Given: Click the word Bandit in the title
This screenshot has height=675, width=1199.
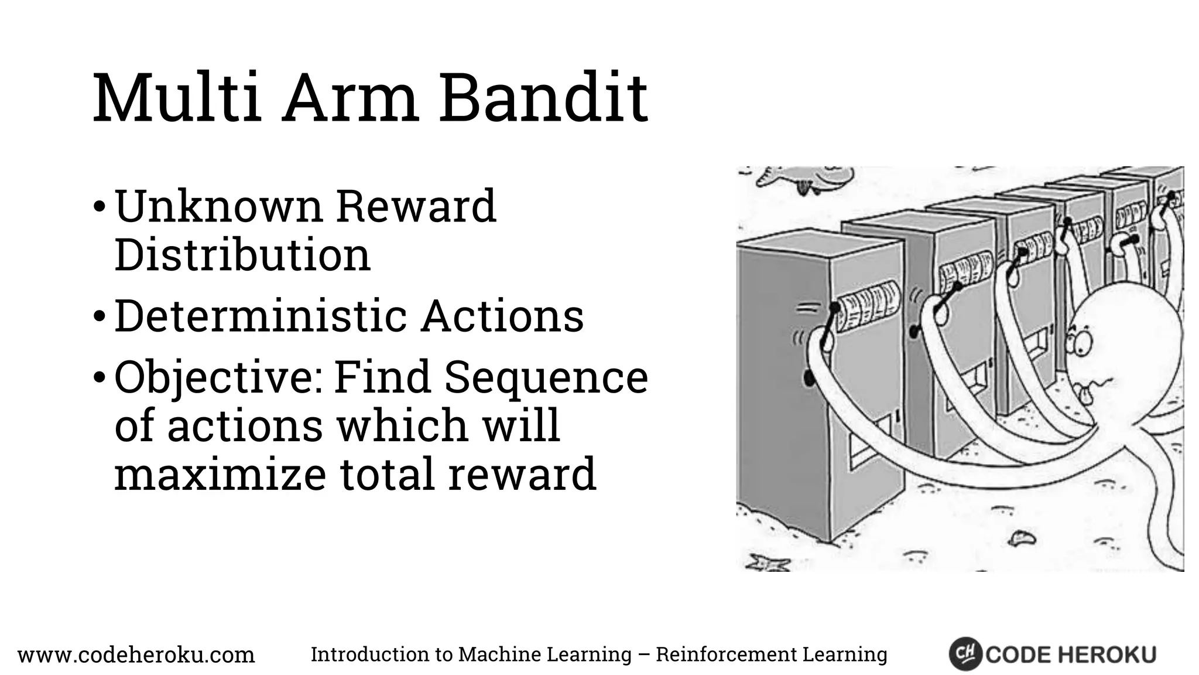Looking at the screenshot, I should click(x=543, y=98).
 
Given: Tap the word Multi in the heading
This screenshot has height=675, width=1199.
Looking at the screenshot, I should click(x=176, y=98).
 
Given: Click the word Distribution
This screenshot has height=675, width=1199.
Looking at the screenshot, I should click(x=242, y=255).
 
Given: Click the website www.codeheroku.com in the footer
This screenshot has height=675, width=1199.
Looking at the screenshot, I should click(x=136, y=654).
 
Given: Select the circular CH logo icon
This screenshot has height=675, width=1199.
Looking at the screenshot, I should click(x=964, y=654).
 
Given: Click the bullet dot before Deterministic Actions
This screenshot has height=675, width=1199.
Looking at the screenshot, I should click(x=100, y=316).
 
